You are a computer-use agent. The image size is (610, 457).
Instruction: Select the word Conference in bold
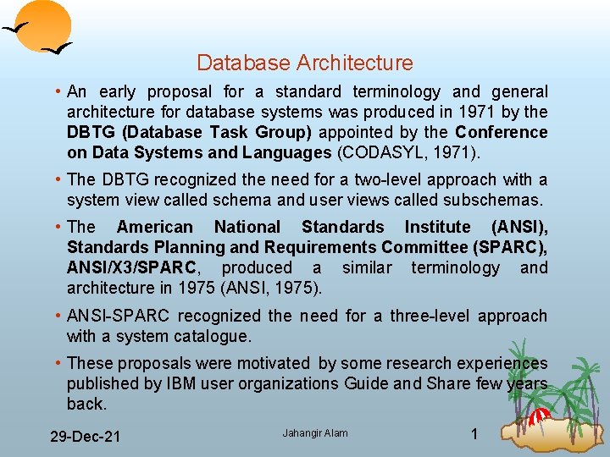coord(502,132)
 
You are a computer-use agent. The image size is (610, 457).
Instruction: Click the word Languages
coord(287,152)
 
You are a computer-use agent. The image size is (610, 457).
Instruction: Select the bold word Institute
coord(437,227)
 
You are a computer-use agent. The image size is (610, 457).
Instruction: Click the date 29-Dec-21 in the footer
coord(84,436)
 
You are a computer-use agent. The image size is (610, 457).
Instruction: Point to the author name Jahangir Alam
coord(315,433)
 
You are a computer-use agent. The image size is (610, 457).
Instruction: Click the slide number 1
coord(474,434)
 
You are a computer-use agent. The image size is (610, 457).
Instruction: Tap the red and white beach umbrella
coord(539,416)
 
